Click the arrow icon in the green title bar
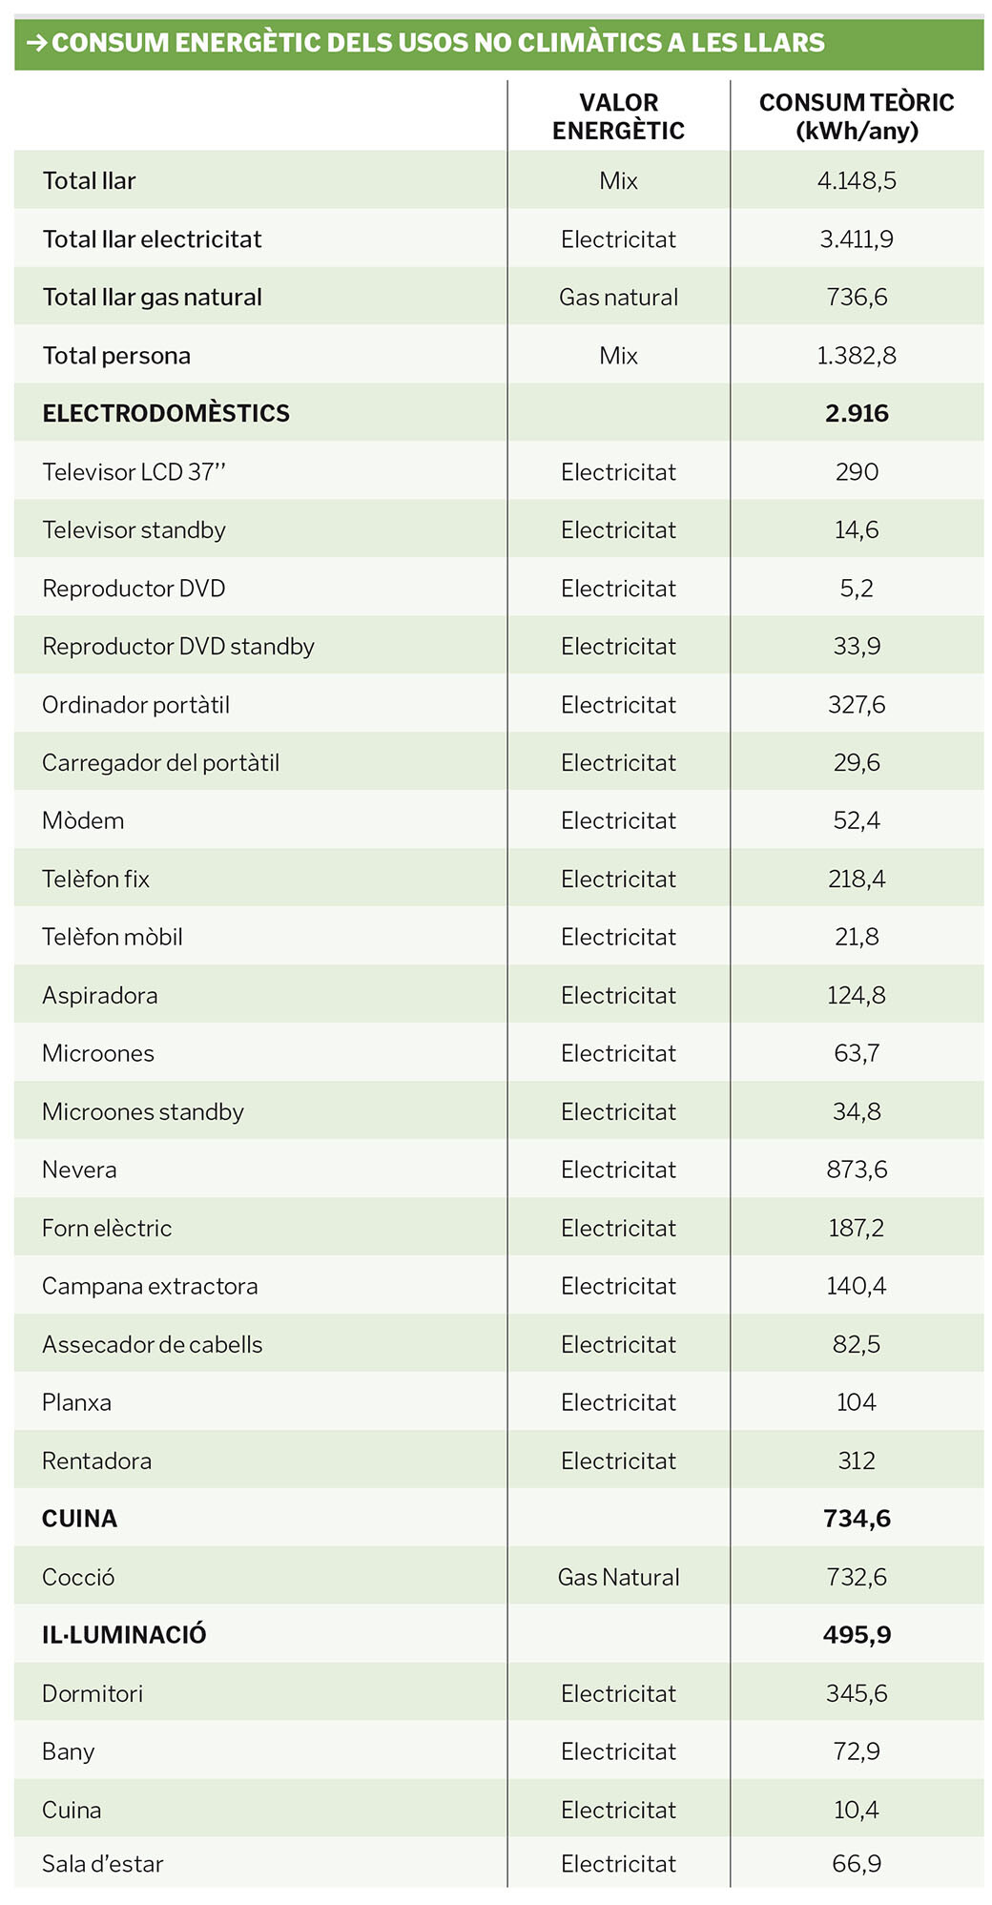pyautogui.click(x=36, y=43)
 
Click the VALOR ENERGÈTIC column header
pyautogui.click(x=618, y=116)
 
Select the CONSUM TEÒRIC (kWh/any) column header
pyautogui.click(x=857, y=116)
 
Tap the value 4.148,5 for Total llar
pyautogui.click(x=857, y=181)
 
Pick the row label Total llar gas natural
pyautogui.click(x=153, y=298)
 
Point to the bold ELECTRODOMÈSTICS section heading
pyautogui.click(x=166, y=414)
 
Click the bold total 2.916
pyautogui.click(x=857, y=414)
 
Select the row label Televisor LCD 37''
pyautogui.click(x=134, y=472)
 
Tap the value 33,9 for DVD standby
pyautogui.click(x=857, y=647)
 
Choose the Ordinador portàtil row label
pyautogui.click(x=135, y=705)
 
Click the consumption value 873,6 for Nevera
pyautogui.click(x=857, y=1170)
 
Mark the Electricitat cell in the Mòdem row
pyautogui.click(x=618, y=821)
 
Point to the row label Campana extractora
pyautogui.click(x=150, y=1286)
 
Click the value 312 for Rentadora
pyautogui.click(x=857, y=1460)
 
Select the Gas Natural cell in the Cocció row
pyautogui.click(x=618, y=1577)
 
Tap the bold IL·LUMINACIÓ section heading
pyautogui.click(x=124, y=1635)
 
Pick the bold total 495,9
pyautogui.click(x=857, y=1635)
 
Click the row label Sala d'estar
pyautogui.click(x=103, y=1863)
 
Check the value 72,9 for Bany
pyautogui.click(x=857, y=1751)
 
